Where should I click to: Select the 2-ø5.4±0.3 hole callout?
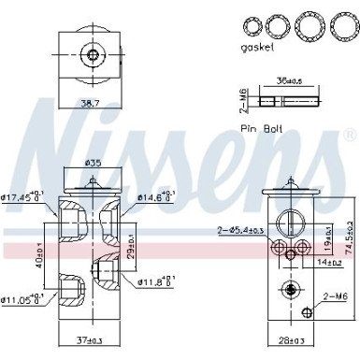240,229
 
